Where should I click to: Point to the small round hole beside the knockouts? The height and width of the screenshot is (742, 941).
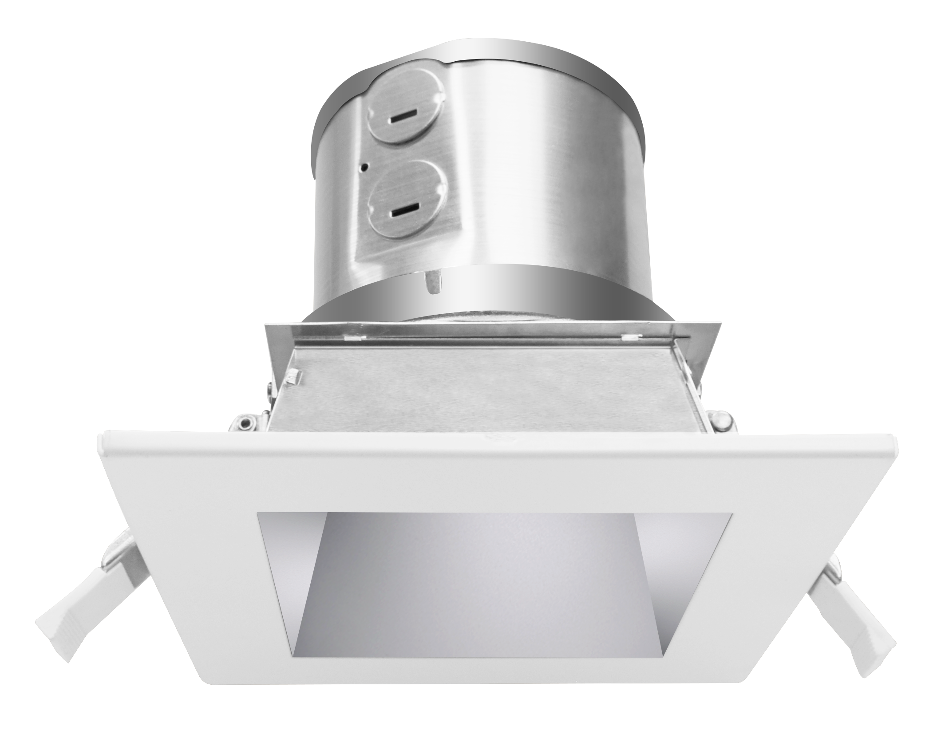click(x=365, y=168)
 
